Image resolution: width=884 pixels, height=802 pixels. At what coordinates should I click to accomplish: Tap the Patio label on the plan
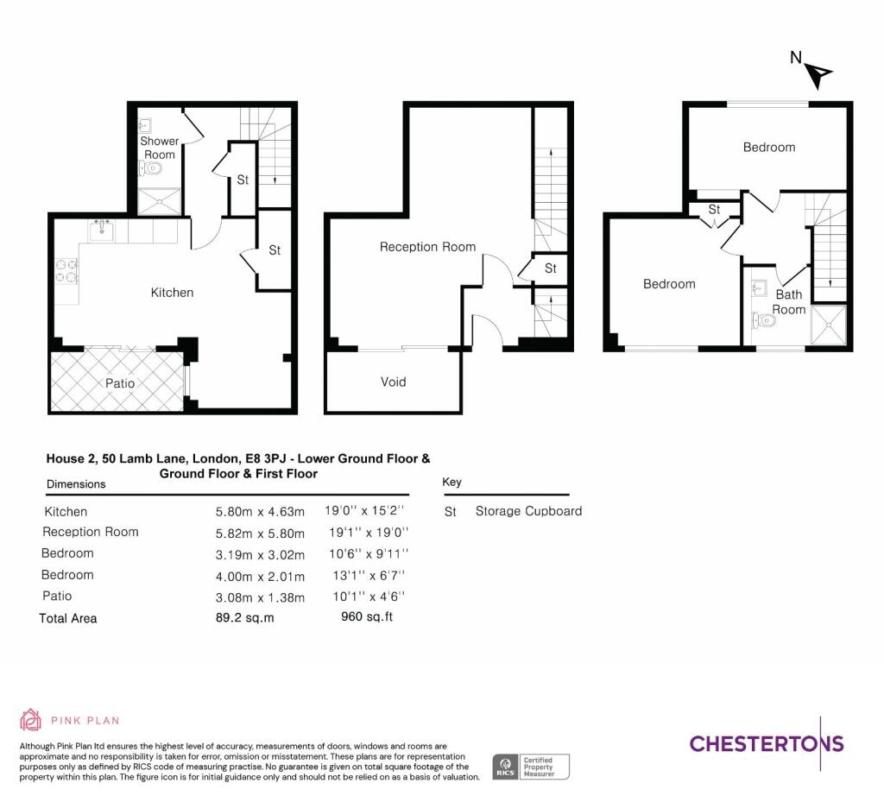pyautogui.click(x=120, y=383)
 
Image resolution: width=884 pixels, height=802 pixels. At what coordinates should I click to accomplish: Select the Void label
pyautogui.click(x=393, y=382)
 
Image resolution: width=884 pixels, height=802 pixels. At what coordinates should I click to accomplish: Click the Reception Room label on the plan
pyautogui.click(x=427, y=247)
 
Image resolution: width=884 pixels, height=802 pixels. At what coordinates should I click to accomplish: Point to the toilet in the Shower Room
pyautogui.click(x=150, y=168)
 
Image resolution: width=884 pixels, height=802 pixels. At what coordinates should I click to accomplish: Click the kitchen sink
pyautogui.click(x=102, y=230)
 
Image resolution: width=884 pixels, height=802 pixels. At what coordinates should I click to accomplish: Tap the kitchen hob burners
pyautogui.click(x=66, y=270)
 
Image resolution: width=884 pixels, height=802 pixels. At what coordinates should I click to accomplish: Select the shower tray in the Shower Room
pyautogui.click(x=160, y=201)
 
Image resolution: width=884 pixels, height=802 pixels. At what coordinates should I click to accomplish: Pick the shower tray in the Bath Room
pyautogui.click(x=829, y=325)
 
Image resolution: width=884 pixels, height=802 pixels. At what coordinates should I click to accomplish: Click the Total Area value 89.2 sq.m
pyautogui.click(x=244, y=618)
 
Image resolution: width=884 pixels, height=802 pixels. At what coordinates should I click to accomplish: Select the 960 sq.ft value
pyautogui.click(x=367, y=616)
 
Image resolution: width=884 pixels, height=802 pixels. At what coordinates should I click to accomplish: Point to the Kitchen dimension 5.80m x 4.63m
pyautogui.click(x=260, y=512)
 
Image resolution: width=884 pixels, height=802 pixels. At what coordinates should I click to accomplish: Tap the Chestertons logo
pyautogui.click(x=767, y=743)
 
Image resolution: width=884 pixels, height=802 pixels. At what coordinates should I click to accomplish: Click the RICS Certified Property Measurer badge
pyautogui.click(x=531, y=767)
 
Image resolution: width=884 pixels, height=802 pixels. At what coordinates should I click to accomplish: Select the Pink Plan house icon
pyautogui.click(x=30, y=720)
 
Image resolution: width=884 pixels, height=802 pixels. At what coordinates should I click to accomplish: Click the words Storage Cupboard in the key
pyautogui.click(x=529, y=511)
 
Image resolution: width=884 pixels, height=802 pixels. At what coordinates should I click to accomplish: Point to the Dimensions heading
pyautogui.click(x=76, y=484)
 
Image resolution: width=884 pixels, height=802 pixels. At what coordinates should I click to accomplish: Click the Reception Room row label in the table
pyautogui.click(x=90, y=532)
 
